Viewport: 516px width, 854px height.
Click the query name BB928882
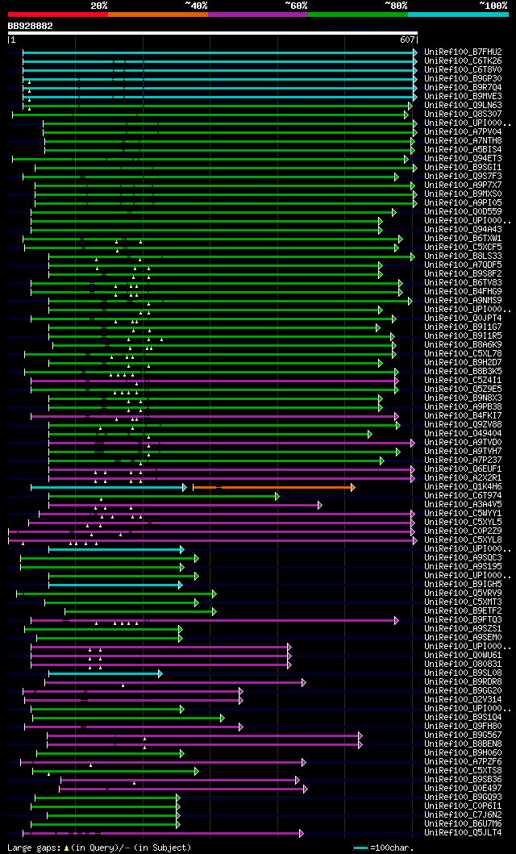(x=31, y=26)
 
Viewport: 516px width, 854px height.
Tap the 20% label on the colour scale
(x=98, y=5)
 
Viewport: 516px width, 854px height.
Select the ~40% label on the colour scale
(x=196, y=5)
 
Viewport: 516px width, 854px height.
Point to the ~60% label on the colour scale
(x=296, y=5)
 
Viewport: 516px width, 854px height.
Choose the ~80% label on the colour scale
(x=396, y=5)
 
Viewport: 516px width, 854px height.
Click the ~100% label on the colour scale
(x=493, y=5)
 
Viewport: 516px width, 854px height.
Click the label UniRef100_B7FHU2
(x=463, y=52)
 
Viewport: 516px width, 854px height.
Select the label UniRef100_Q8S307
(x=463, y=115)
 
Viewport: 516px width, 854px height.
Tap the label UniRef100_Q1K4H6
(x=463, y=487)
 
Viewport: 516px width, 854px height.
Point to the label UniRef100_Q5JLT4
(x=463, y=833)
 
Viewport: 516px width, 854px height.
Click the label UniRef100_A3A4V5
(x=463, y=505)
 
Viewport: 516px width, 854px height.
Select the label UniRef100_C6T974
(x=463, y=496)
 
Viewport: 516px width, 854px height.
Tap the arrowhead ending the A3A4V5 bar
(x=320, y=506)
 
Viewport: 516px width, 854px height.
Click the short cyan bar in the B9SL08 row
(x=105, y=673)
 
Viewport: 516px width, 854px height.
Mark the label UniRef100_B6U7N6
(x=463, y=824)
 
